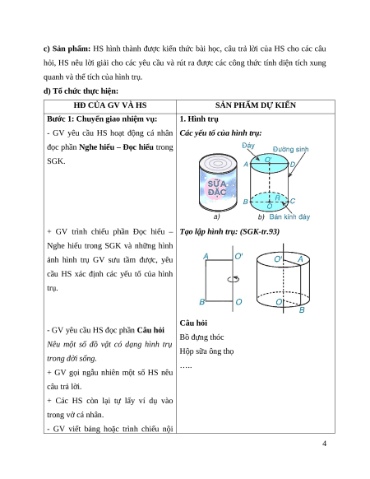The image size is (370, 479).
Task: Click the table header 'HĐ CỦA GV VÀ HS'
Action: [x=110, y=105]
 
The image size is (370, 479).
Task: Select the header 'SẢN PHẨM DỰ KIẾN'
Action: [x=256, y=105]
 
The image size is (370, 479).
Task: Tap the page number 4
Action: [x=324, y=444]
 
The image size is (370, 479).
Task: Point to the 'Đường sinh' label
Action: [x=290, y=150]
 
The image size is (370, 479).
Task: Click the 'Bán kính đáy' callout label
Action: [x=289, y=217]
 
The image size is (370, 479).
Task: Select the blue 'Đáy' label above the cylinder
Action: [x=248, y=146]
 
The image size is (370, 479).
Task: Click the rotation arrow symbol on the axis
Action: [x=234, y=279]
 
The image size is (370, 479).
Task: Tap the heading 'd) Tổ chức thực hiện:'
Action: [x=81, y=91]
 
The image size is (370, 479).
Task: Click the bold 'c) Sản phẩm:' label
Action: [x=67, y=49]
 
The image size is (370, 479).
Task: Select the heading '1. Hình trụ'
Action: [x=199, y=119]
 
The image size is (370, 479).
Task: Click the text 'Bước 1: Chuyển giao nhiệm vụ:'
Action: [x=102, y=119]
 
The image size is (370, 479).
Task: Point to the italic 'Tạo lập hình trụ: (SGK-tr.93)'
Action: [x=229, y=231]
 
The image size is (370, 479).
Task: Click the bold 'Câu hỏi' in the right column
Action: [x=193, y=323]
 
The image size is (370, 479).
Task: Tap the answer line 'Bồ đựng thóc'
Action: [x=201, y=337]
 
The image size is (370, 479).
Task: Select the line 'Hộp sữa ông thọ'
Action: [x=206, y=351]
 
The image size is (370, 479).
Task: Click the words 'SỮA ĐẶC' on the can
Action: [x=217, y=188]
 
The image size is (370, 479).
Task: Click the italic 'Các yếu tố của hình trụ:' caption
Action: [x=220, y=133]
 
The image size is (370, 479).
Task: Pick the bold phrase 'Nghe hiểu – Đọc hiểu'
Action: [x=116, y=147]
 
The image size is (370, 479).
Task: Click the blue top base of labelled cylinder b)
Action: [x=269, y=164]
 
